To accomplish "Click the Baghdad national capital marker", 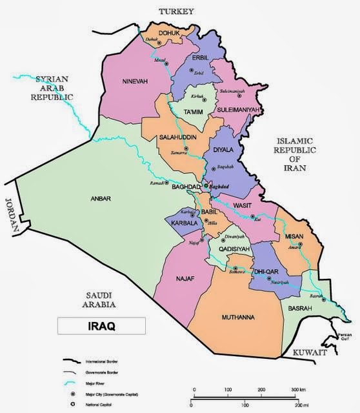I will click(x=206, y=186).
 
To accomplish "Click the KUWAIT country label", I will click(x=311, y=353).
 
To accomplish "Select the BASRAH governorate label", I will click(x=301, y=308).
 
